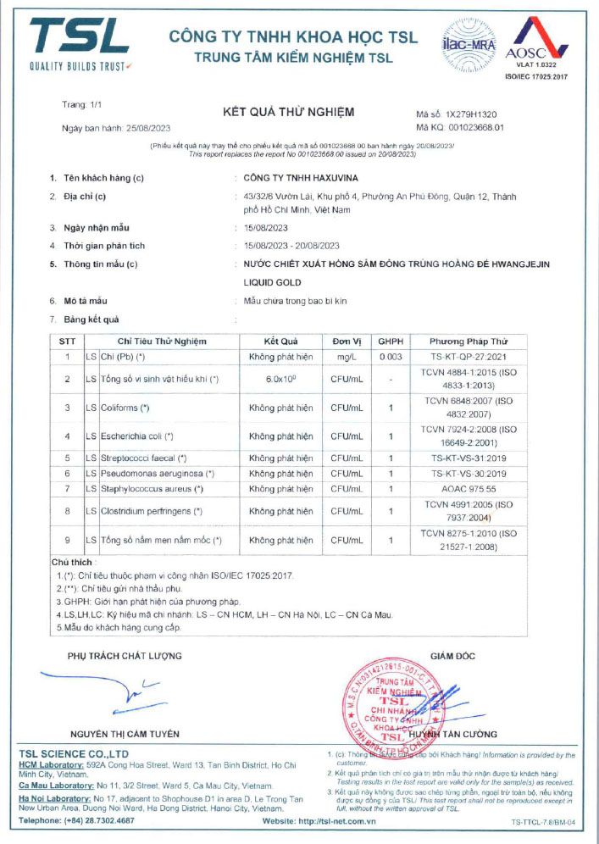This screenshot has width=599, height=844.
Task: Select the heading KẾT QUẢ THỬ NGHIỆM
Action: tap(288, 112)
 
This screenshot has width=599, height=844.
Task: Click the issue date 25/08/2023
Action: tap(147, 128)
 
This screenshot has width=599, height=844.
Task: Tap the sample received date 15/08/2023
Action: tap(265, 228)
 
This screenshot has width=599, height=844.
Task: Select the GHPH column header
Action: tap(391, 341)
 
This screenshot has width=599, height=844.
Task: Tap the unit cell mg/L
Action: tap(347, 358)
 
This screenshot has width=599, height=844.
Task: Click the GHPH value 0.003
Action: tap(391, 358)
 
